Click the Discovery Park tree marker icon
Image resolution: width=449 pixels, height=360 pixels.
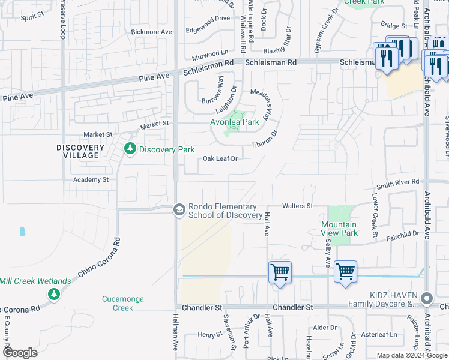(129, 149)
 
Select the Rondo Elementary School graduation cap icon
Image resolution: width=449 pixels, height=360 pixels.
(178, 209)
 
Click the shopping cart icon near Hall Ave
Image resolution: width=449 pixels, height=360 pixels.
(280, 272)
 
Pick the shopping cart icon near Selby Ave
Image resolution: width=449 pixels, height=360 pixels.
(345, 272)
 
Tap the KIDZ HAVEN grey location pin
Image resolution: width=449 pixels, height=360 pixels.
(427, 298)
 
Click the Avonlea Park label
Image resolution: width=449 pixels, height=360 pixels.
(234, 122)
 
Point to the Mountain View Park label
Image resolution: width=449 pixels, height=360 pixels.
(340, 229)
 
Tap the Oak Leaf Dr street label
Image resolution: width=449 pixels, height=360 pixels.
(221, 158)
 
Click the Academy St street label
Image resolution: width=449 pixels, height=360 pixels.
(91, 179)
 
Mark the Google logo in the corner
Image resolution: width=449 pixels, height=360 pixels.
(20, 353)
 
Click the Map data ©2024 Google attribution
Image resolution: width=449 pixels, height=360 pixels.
(412, 355)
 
